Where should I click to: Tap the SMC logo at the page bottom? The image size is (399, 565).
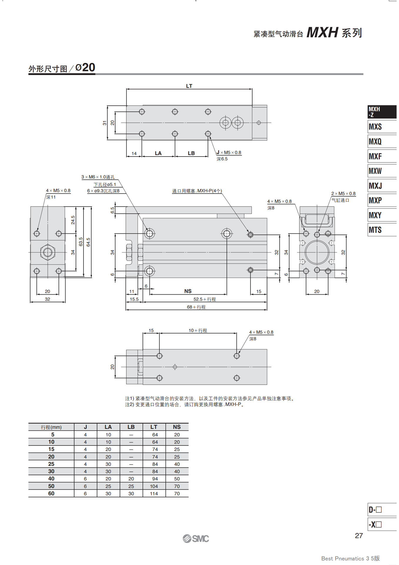coord(196,539)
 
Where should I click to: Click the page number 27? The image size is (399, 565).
coord(359,536)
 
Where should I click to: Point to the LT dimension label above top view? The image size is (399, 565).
coord(189,86)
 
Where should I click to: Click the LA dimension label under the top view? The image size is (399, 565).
coord(158,153)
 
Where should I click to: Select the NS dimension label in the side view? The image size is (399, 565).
coord(188,291)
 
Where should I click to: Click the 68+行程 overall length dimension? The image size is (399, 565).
coord(196,307)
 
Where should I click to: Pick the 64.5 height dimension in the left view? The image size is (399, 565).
coord(88,242)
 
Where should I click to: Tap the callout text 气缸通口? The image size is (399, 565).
coord(340,200)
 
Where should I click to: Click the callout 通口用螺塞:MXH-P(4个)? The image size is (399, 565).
coord(197,191)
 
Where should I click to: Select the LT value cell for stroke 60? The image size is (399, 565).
coord(154,493)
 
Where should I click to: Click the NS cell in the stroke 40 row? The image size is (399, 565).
coord(177,479)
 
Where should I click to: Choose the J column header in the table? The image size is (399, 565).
coord(85,427)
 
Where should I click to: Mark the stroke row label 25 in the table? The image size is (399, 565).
coord(51,464)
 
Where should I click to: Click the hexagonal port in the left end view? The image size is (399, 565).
coord(48,252)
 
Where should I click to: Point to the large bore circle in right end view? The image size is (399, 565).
coord(317,252)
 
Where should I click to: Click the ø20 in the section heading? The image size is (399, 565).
coord(85,67)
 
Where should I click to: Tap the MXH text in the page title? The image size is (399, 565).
coord(322,32)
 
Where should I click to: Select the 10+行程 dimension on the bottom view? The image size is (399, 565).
coord(198,330)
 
